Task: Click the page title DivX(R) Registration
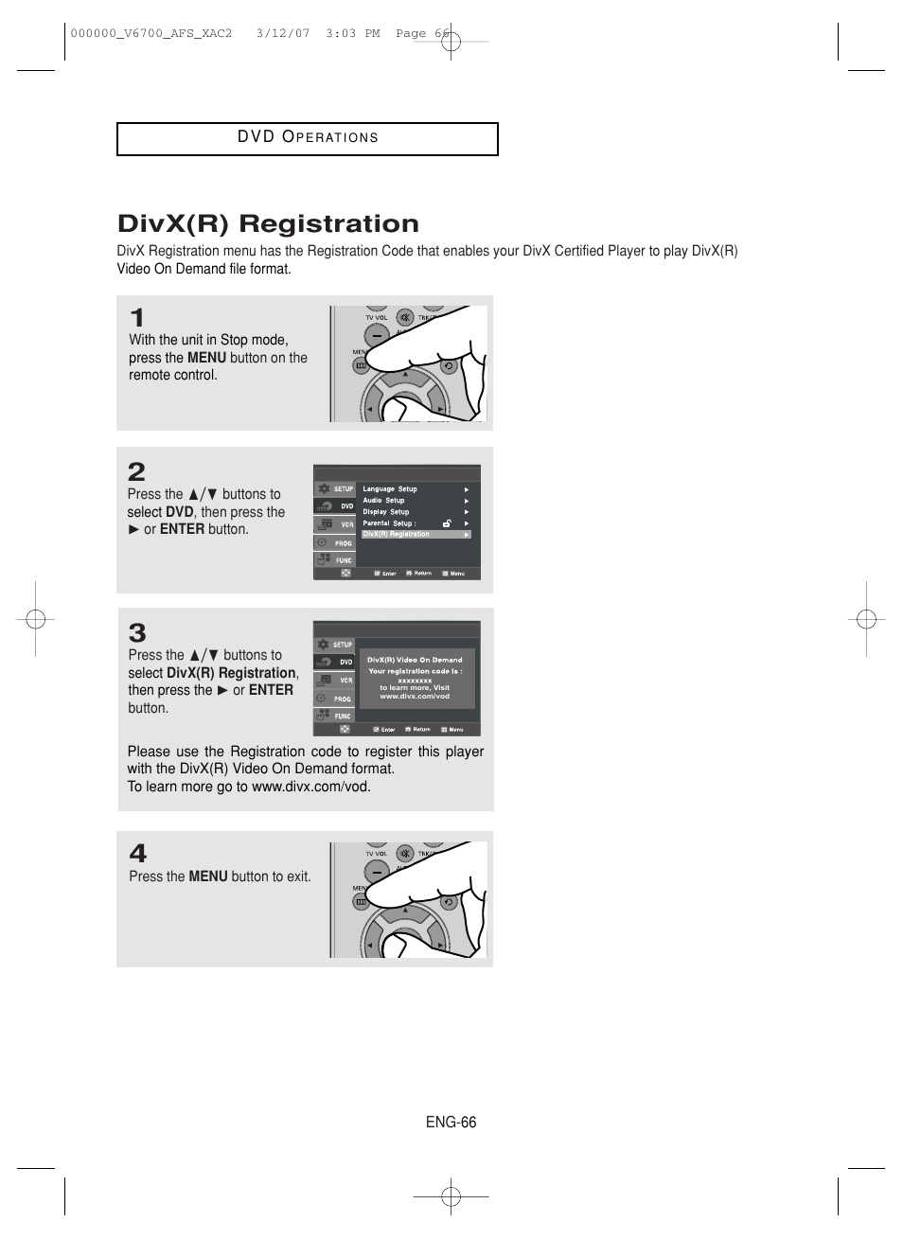tap(268, 224)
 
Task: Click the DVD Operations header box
tap(308, 138)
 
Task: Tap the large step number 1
tap(137, 318)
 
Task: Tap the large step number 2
tap(137, 471)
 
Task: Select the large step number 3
tap(137, 632)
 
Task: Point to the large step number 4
tap(138, 853)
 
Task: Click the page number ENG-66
tap(451, 1123)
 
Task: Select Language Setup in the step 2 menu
tap(390, 489)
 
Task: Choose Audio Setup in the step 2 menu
tap(383, 501)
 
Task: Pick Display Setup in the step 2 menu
tap(386, 512)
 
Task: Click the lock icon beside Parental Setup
tap(447, 522)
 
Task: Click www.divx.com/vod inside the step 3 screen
tap(415, 697)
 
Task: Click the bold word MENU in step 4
tap(208, 877)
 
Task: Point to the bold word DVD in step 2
tap(180, 512)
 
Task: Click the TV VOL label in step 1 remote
tap(377, 318)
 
